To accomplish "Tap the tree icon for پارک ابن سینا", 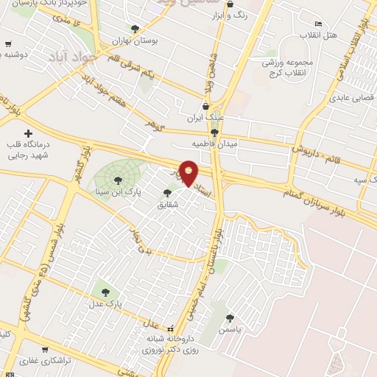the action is pyautogui.click(x=117, y=180).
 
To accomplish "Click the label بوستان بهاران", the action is pyautogui.click(x=132, y=40).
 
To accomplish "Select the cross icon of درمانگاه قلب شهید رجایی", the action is pyautogui.click(x=28, y=134).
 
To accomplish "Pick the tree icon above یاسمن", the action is pyautogui.click(x=230, y=319).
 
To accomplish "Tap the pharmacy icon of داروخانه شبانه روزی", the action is pyautogui.click(x=172, y=329).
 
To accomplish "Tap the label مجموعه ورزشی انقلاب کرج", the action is pyautogui.click(x=291, y=67).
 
